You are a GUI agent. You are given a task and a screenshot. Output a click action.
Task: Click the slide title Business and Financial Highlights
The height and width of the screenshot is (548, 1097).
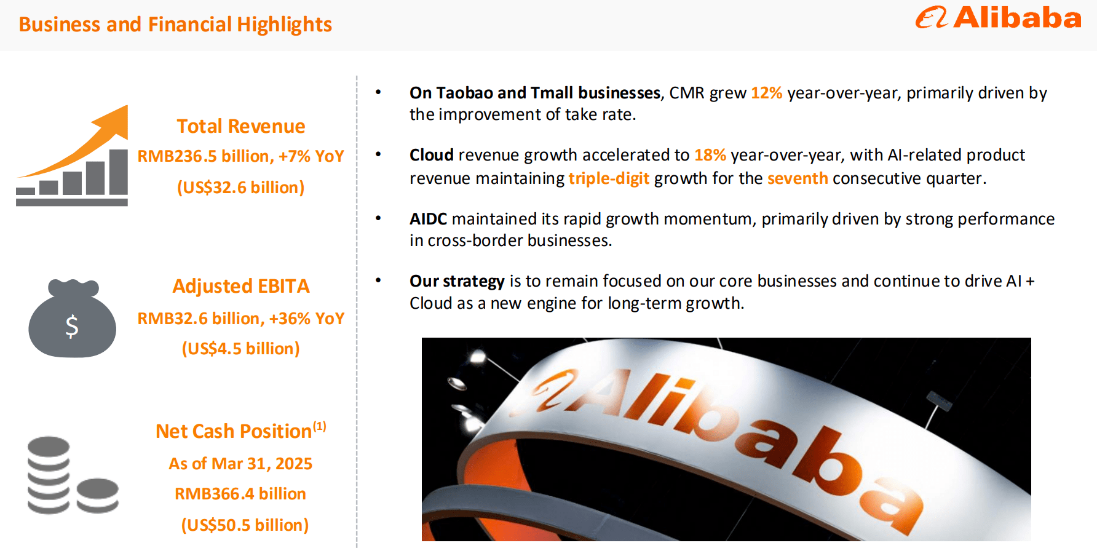click(175, 25)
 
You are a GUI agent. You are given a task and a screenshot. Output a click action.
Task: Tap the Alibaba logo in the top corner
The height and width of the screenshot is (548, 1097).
click(998, 18)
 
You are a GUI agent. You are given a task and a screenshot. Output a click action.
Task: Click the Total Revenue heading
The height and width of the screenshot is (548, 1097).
click(241, 126)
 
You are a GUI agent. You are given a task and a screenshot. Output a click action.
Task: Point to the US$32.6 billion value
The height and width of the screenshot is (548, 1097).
click(241, 187)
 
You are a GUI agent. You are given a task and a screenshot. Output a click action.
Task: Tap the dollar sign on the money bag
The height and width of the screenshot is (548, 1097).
click(72, 326)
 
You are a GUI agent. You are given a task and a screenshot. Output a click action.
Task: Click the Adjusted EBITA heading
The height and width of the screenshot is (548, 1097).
click(241, 286)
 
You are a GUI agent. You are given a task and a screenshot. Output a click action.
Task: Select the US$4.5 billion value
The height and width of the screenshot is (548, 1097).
click(241, 349)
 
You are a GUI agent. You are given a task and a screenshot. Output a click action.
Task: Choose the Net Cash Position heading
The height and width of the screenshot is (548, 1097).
click(234, 431)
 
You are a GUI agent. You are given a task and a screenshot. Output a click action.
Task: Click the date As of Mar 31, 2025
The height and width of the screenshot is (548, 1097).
click(241, 463)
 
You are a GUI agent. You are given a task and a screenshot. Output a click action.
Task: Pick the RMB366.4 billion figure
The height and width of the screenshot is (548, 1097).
click(240, 494)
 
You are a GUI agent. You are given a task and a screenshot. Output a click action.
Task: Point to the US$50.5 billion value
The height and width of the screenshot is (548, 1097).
click(245, 525)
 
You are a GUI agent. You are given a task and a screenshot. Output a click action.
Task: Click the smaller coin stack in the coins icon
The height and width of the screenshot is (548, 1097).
click(98, 495)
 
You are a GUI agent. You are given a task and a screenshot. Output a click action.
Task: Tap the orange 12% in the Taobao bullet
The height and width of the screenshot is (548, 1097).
click(766, 93)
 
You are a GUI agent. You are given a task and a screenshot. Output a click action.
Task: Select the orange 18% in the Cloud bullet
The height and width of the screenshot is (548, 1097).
click(710, 155)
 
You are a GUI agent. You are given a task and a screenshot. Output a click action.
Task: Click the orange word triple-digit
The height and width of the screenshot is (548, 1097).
click(609, 178)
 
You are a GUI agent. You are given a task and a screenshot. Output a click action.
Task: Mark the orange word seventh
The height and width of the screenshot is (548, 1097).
click(798, 178)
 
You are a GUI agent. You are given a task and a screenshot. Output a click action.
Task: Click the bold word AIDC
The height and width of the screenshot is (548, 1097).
click(429, 219)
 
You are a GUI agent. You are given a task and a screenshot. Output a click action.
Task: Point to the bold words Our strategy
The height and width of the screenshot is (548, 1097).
click(457, 281)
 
